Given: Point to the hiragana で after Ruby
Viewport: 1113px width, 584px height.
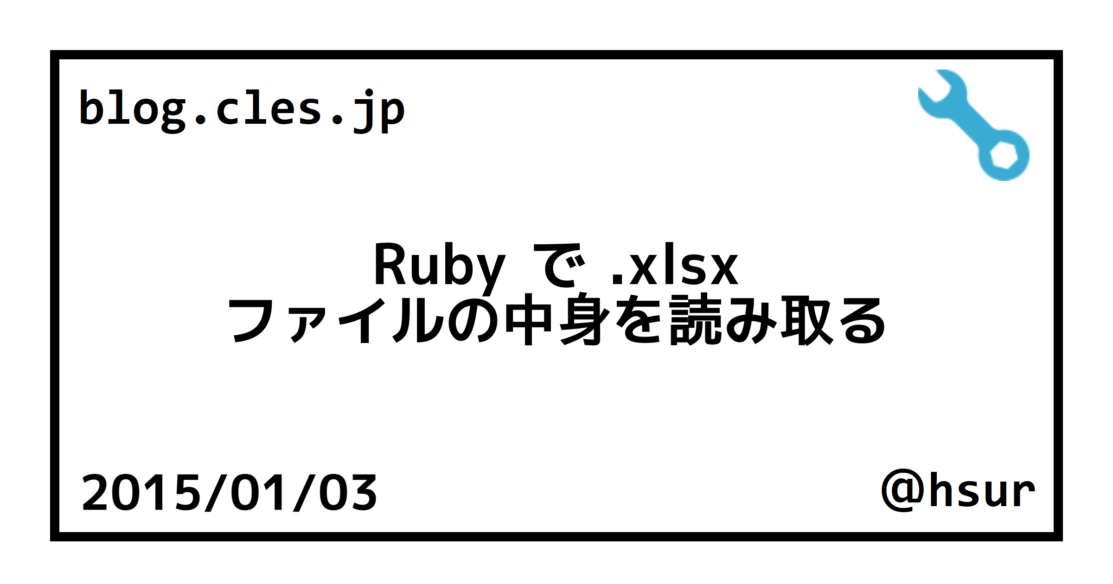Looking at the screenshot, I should [562, 266].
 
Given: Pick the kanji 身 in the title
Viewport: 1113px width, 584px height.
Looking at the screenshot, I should [585, 320].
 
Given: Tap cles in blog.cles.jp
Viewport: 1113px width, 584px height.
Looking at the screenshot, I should [269, 108].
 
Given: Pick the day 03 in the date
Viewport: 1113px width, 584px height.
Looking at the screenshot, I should [348, 493].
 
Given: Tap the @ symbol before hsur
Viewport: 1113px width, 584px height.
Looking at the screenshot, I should [902, 491].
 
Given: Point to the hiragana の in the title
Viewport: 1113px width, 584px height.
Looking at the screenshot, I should [474, 321].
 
